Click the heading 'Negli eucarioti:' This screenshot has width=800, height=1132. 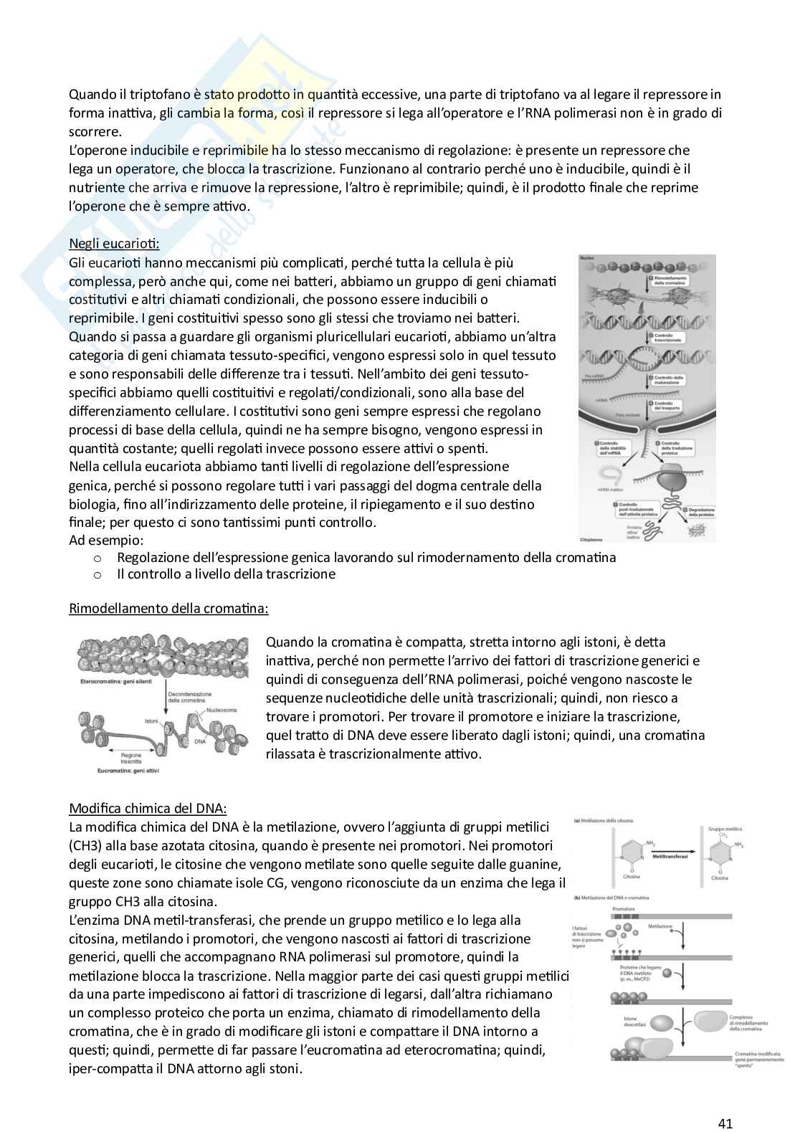pyautogui.click(x=114, y=244)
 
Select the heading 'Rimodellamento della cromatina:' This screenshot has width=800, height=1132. pyautogui.click(x=168, y=609)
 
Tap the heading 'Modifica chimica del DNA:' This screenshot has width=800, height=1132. pyautogui.click(x=148, y=808)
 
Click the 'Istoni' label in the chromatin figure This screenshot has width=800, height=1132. pyautogui.click(x=152, y=720)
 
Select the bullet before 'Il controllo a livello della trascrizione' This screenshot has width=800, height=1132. pyautogui.click(x=98, y=574)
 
